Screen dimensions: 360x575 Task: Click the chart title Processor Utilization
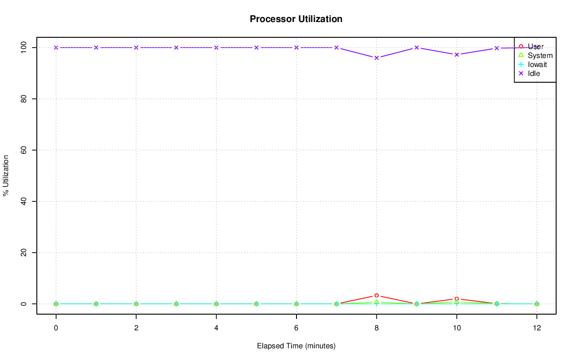click(x=296, y=19)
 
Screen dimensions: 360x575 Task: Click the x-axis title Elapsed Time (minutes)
click(x=296, y=346)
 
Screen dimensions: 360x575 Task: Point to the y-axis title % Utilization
click(x=6, y=175)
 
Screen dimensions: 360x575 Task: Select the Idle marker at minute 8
click(x=376, y=58)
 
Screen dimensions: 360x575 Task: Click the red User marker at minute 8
click(x=376, y=295)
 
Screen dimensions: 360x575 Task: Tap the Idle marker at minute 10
click(x=456, y=55)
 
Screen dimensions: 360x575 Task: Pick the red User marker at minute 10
click(x=456, y=299)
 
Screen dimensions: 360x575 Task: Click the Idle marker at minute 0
click(x=56, y=48)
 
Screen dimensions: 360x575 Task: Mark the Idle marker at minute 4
click(x=216, y=48)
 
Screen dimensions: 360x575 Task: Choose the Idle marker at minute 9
click(x=416, y=48)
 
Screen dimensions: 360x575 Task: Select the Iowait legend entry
click(x=537, y=65)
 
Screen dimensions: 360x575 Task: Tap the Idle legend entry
click(x=534, y=74)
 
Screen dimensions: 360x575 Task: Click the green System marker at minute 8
click(x=376, y=302)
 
